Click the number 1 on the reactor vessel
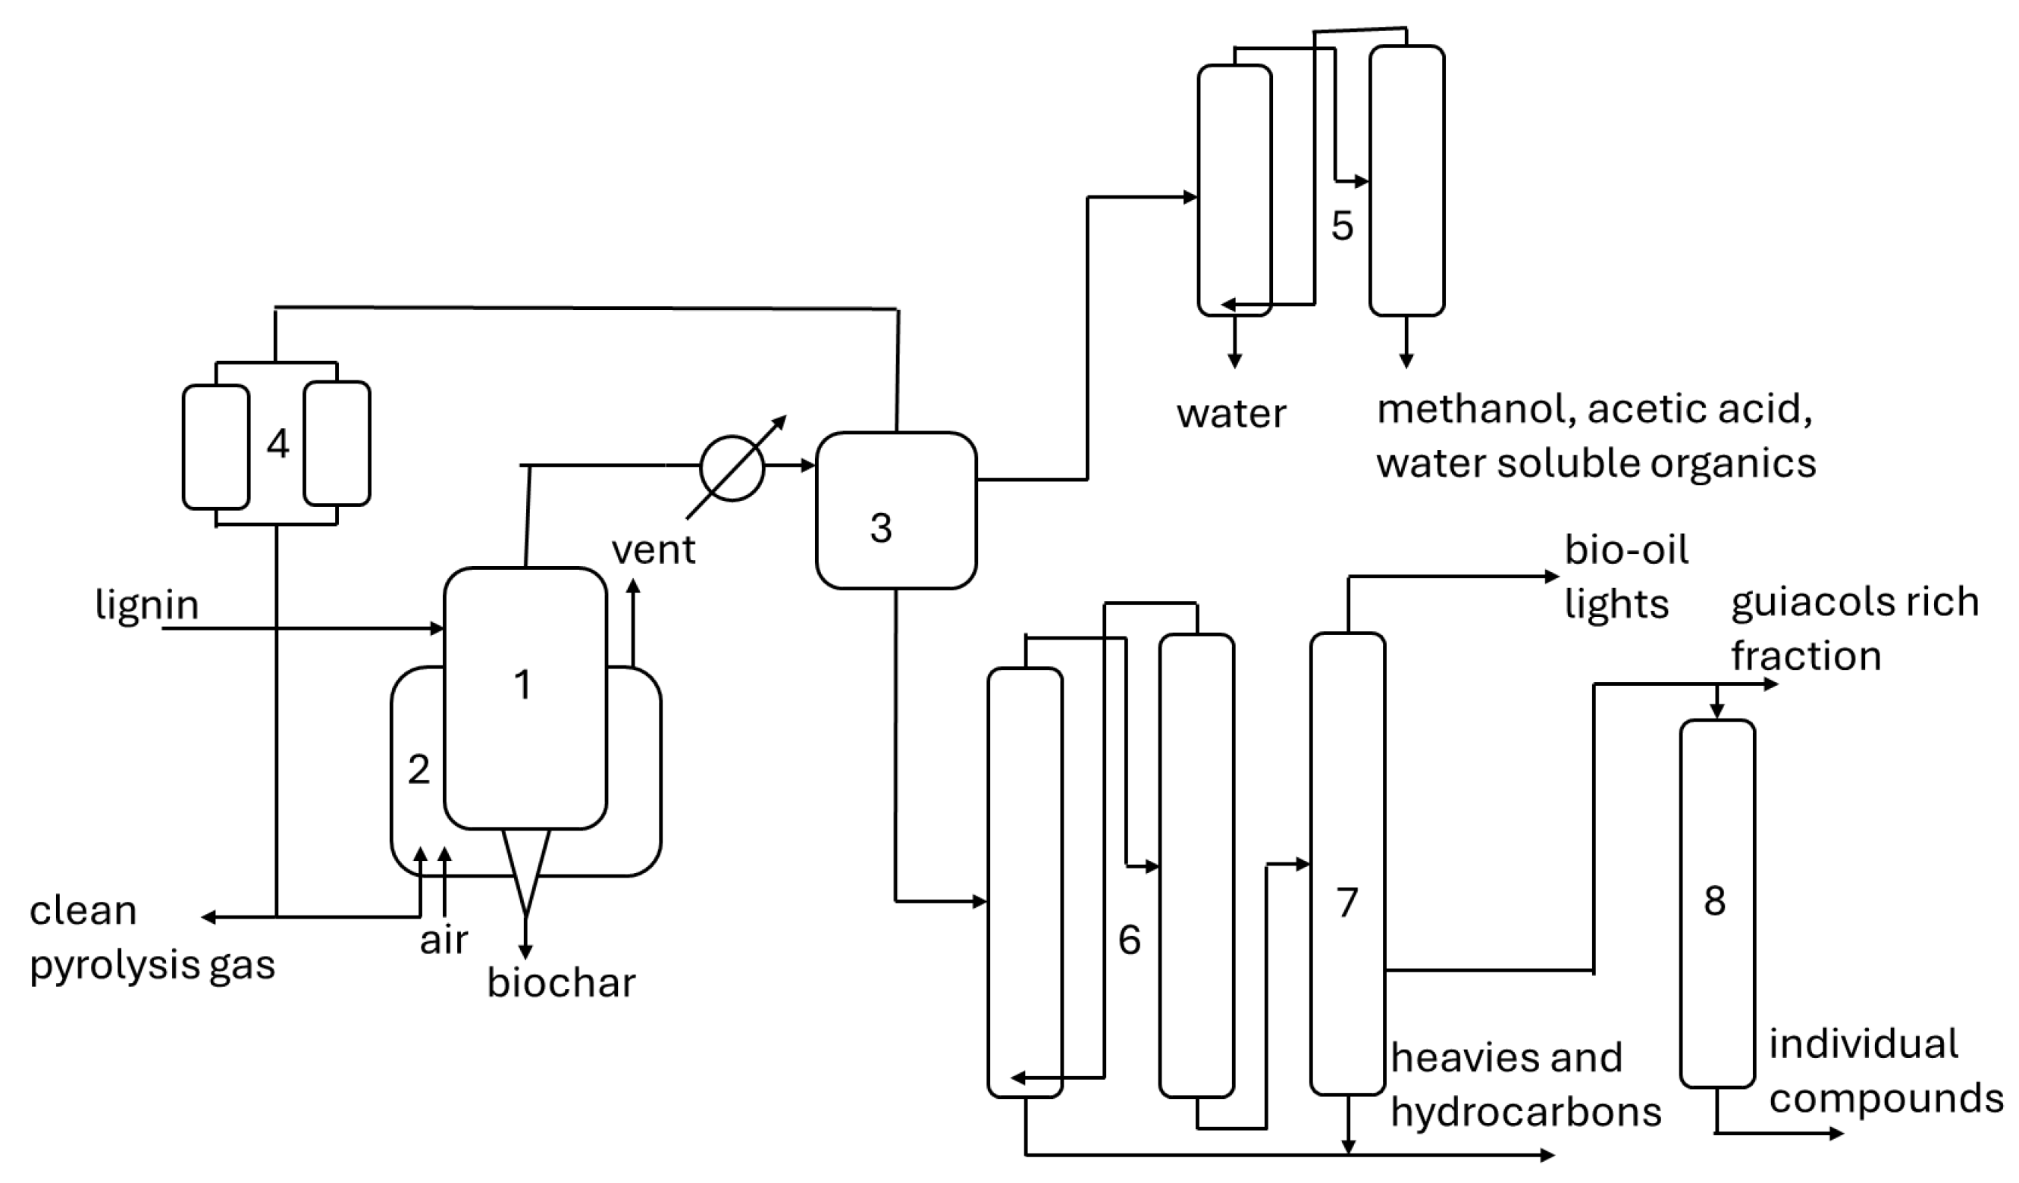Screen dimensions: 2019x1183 (522, 684)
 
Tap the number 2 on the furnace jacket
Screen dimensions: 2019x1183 (419, 770)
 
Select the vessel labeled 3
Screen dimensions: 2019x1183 (895, 511)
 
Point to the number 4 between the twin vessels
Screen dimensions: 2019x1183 (278, 443)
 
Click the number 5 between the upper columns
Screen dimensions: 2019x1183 (1342, 226)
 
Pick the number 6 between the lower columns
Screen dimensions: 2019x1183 (1129, 940)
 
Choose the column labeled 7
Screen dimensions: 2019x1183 (1347, 864)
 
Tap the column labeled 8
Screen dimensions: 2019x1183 (1717, 903)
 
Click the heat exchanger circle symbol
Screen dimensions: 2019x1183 (732, 468)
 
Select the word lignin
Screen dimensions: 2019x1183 (146, 605)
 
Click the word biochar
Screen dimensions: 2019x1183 (561, 983)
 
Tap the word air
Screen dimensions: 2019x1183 (443, 940)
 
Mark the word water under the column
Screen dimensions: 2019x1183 (1231, 414)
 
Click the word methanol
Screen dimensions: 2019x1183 (1477, 409)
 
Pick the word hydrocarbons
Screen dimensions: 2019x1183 (1525, 1113)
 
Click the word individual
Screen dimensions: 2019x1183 (1863, 1044)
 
